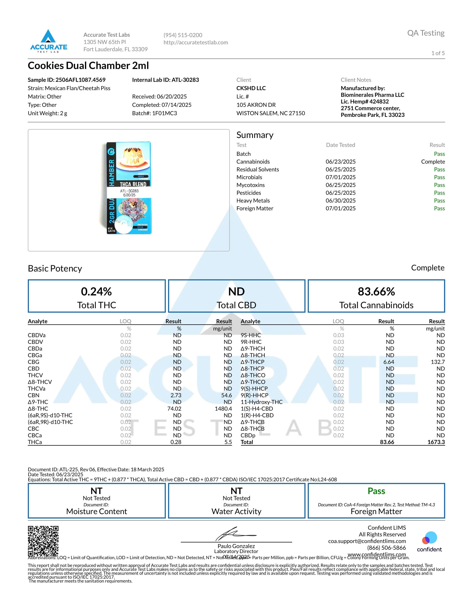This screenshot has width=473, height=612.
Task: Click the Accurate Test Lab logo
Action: (x=48, y=41)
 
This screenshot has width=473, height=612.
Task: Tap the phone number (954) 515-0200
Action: (x=183, y=35)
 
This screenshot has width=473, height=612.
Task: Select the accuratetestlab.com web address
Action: (x=196, y=42)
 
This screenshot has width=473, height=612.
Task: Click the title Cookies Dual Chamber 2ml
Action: (x=88, y=66)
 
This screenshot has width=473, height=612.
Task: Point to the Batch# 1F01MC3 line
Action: (x=154, y=113)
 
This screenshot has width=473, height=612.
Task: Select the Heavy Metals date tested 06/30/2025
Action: (x=340, y=201)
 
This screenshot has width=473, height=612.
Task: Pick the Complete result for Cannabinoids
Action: (x=433, y=162)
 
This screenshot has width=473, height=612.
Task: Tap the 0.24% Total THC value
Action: (x=96, y=292)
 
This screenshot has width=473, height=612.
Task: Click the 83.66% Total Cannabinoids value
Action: (x=376, y=292)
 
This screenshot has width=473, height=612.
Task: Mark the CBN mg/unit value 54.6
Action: (x=226, y=395)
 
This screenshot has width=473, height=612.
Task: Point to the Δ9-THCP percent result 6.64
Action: (x=388, y=362)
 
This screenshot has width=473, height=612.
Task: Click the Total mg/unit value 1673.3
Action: (x=436, y=442)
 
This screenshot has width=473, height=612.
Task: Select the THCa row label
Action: (x=35, y=442)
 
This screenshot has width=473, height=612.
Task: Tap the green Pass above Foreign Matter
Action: (x=376, y=491)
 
